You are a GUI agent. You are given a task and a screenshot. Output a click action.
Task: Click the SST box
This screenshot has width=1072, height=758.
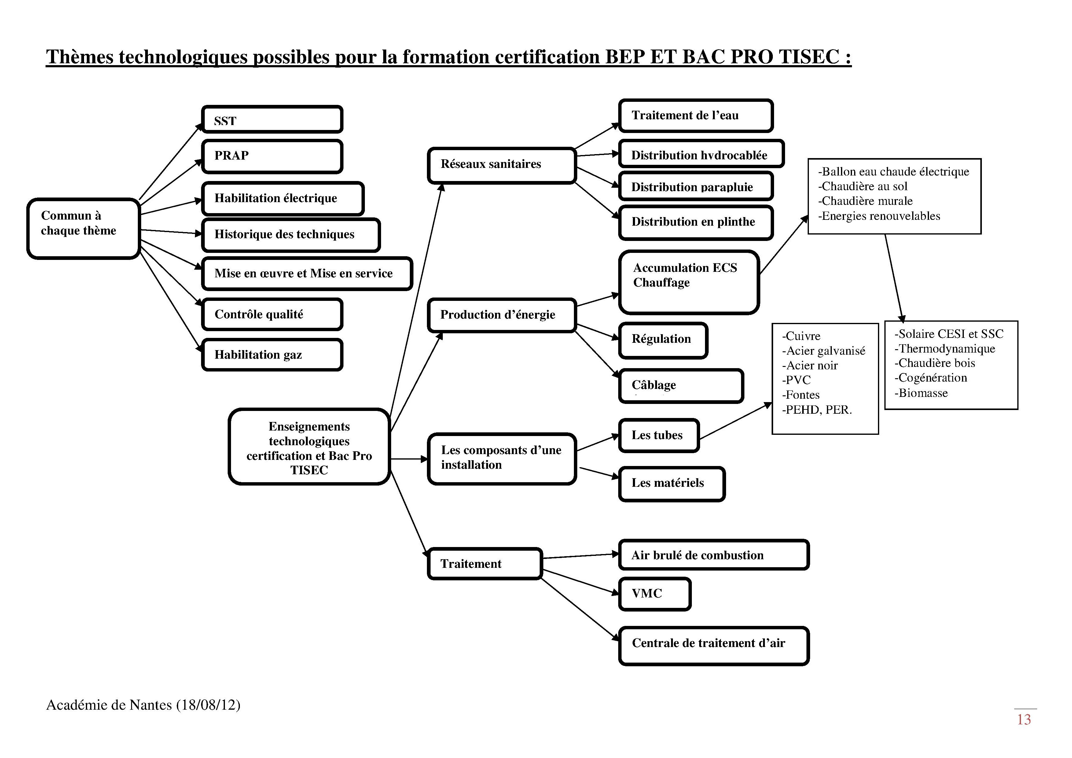[x=272, y=120]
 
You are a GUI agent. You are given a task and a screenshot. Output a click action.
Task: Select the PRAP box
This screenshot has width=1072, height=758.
[x=272, y=157]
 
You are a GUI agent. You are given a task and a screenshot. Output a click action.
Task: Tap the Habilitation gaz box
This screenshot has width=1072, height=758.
[x=272, y=355]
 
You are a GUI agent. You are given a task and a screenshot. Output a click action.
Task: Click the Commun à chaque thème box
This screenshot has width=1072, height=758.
[x=83, y=228]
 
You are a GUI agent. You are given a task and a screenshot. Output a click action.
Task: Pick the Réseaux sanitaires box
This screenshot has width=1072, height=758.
[x=502, y=165]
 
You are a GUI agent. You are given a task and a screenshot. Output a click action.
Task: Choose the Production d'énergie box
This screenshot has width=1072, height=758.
[x=502, y=315]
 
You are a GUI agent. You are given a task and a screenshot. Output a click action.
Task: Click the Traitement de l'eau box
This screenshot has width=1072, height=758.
[x=696, y=115]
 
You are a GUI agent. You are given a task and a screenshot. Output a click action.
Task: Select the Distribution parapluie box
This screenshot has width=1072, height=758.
[x=696, y=186]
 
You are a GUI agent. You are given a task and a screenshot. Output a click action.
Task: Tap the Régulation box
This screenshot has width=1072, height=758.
[x=663, y=340]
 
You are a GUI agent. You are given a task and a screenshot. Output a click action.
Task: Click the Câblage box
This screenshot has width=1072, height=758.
[x=681, y=386]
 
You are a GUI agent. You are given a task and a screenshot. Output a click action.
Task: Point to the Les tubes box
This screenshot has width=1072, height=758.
[x=659, y=435]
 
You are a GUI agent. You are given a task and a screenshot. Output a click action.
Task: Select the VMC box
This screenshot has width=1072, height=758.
[x=655, y=594]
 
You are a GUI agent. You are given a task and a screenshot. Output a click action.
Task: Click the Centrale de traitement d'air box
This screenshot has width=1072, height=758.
[x=714, y=646]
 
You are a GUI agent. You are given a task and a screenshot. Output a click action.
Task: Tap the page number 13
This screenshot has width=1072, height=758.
[x=1024, y=720]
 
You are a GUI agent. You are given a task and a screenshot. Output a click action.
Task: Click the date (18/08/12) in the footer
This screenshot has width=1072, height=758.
[x=208, y=705]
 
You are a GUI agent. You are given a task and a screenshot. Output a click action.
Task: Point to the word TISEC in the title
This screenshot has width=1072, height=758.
[x=809, y=57]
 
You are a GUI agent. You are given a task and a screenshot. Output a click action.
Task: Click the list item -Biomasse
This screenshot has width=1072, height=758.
[x=921, y=393]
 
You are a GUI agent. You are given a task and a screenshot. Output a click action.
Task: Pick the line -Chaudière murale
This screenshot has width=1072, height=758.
[x=865, y=201]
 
